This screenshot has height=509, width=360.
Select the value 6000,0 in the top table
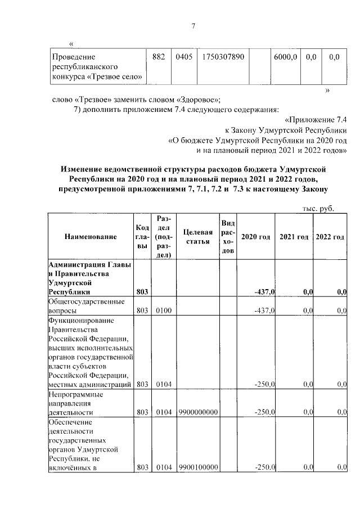(x=285, y=57)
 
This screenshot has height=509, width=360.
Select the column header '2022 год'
(x=330, y=237)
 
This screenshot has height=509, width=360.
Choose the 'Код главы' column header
(x=142, y=237)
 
